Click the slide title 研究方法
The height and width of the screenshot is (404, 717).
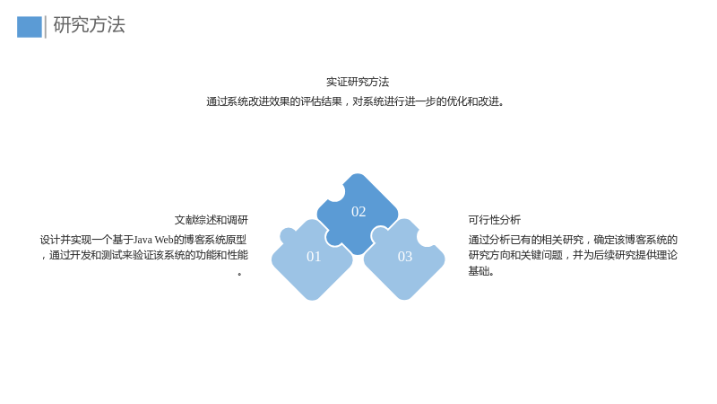89,25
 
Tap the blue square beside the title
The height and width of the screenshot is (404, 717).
30,27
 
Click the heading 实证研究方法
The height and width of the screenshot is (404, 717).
358,82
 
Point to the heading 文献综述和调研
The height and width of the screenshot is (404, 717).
212,220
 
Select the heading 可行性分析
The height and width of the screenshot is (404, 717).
495,220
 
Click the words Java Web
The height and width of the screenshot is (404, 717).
153,240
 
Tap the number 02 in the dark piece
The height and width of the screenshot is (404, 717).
358,212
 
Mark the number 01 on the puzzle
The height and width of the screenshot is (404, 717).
314,257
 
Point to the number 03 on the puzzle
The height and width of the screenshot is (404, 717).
405,257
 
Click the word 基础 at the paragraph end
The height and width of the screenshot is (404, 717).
479,271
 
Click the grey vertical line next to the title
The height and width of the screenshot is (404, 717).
46,27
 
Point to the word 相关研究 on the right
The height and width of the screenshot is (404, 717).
563,240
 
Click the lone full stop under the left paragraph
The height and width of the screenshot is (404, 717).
239,274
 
